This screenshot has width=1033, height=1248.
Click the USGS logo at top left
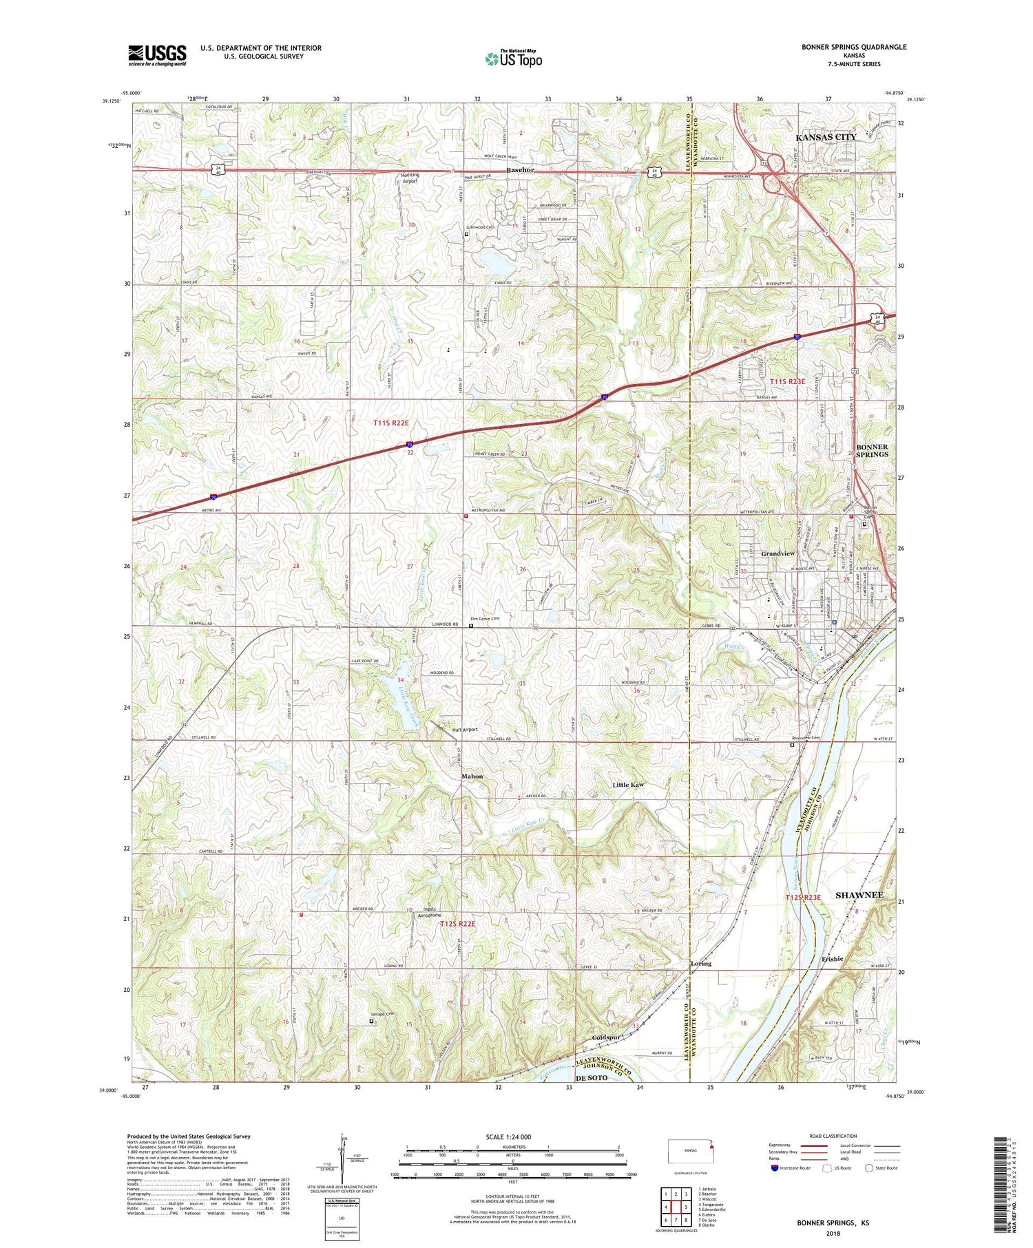[x=157, y=55]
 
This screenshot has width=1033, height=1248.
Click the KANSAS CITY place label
[x=826, y=137]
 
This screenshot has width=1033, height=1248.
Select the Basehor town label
[x=520, y=169]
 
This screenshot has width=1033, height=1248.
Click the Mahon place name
[x=472, y=776]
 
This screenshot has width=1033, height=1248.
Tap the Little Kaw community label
[x=628, y=785]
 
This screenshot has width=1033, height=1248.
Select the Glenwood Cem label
[x=481, y=227]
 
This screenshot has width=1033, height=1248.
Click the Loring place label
[x=700, y=964]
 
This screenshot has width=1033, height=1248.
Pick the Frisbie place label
[x=832, y=958]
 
